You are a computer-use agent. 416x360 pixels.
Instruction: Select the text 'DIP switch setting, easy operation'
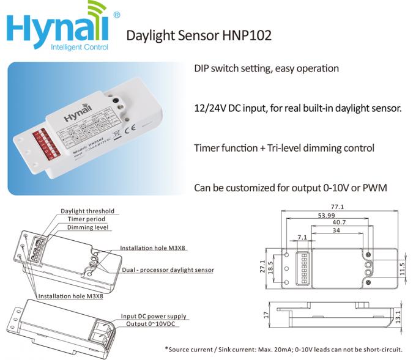[266, 68]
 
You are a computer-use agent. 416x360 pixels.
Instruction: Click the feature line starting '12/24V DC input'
[297, 108]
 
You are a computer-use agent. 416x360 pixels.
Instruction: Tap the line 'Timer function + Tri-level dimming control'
[284, 148]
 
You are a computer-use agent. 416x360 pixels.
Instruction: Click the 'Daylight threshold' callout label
[87, 211]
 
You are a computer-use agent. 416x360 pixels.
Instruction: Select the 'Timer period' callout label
[86, 219]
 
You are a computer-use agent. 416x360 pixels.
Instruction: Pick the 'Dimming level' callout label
[89, 227]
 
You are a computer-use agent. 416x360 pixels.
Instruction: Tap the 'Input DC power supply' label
[154, 316]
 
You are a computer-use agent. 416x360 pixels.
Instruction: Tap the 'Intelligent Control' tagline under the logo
[80, 47]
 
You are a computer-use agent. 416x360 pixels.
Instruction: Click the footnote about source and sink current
[283, 350]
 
